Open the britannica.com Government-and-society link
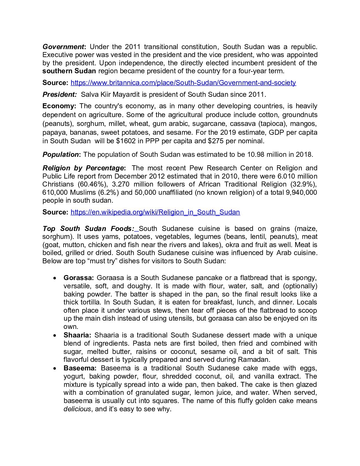[x=183, y=83]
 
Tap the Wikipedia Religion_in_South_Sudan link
[x=155, y=212]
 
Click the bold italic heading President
[x=59, y=94]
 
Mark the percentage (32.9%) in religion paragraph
[x=305, y=184]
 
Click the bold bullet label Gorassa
[x=79, y=278]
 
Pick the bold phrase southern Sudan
[x=69, y=71]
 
